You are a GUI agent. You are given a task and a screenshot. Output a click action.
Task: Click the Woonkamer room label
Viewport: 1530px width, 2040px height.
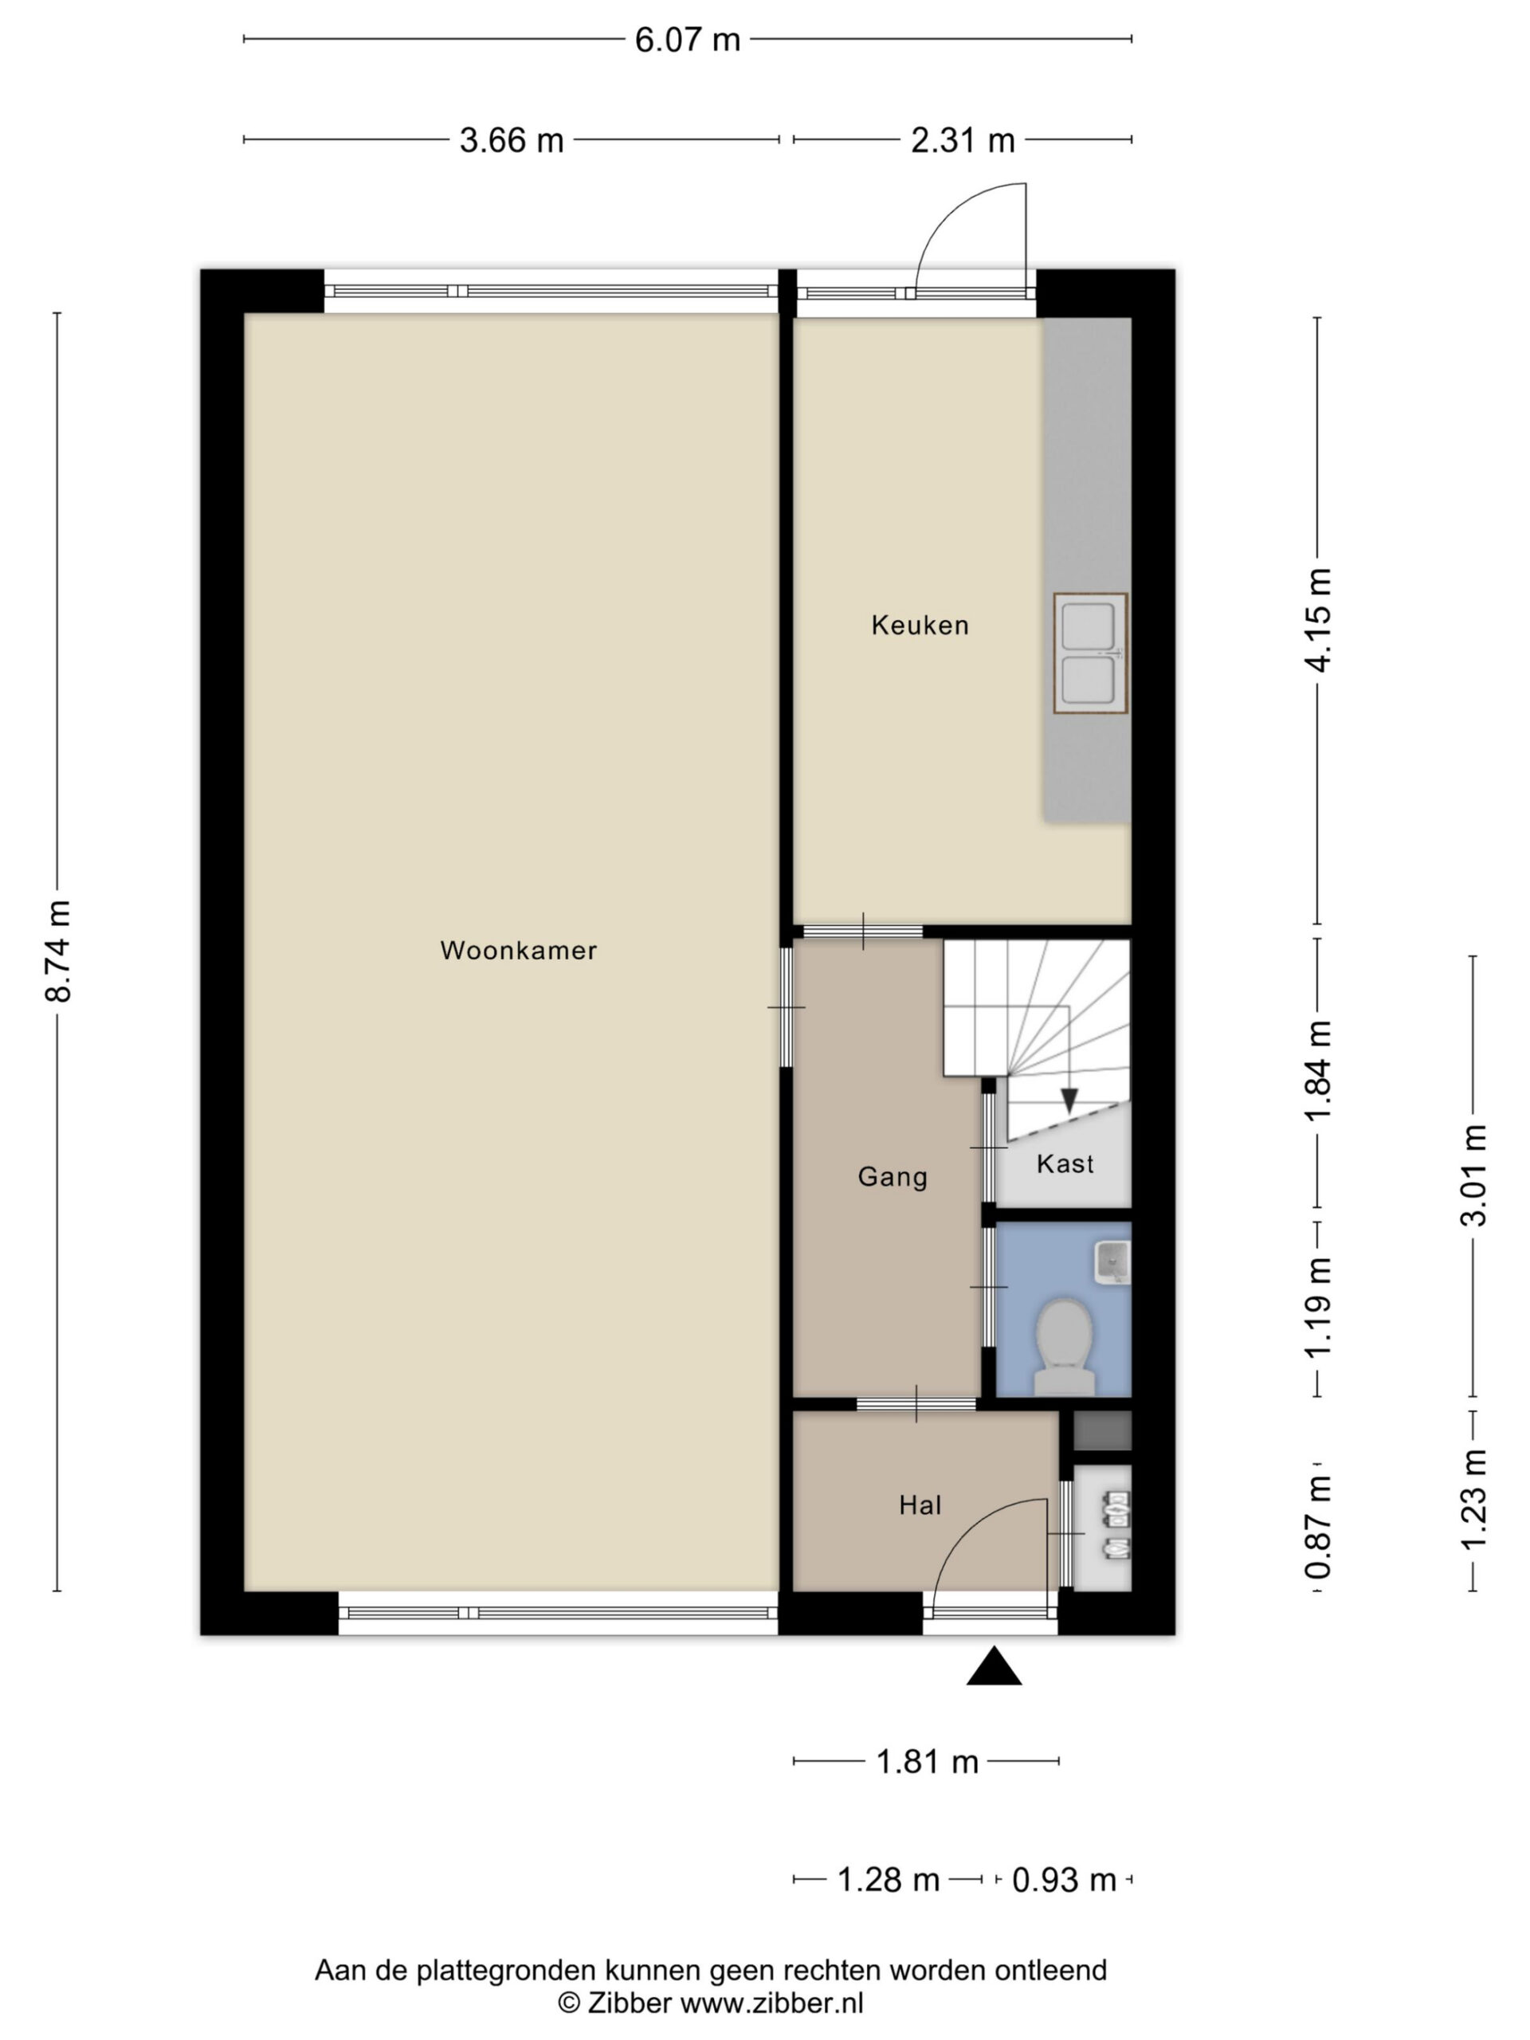(x=518, y=950)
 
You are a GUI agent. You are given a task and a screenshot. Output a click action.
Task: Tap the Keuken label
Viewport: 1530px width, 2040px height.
(x=920, y=626)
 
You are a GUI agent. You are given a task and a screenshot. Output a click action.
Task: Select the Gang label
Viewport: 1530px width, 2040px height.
(x=892, y=1177)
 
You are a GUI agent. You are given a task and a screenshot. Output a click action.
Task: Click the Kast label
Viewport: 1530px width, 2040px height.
(x=1065, y=1164)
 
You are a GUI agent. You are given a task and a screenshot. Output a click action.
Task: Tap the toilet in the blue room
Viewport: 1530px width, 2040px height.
(x=1065, y=1348)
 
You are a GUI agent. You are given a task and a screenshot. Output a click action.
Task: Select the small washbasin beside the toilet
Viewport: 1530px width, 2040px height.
(x=1112, y=1262)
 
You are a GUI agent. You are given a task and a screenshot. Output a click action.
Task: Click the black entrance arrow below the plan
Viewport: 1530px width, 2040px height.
(x=993, y=1666)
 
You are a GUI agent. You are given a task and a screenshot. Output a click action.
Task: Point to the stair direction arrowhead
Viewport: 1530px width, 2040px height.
(x=1069, y=1100)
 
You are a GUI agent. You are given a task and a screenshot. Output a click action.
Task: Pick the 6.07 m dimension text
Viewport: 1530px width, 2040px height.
(x=687, y=40)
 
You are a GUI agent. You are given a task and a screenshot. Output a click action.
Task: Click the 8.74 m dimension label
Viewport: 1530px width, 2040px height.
(x=57, y=950)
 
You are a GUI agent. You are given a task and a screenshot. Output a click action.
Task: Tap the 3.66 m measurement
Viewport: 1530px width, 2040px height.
(x=512, y=140)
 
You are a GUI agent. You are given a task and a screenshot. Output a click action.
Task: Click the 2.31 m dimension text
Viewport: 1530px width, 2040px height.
(x=963, y=140)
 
